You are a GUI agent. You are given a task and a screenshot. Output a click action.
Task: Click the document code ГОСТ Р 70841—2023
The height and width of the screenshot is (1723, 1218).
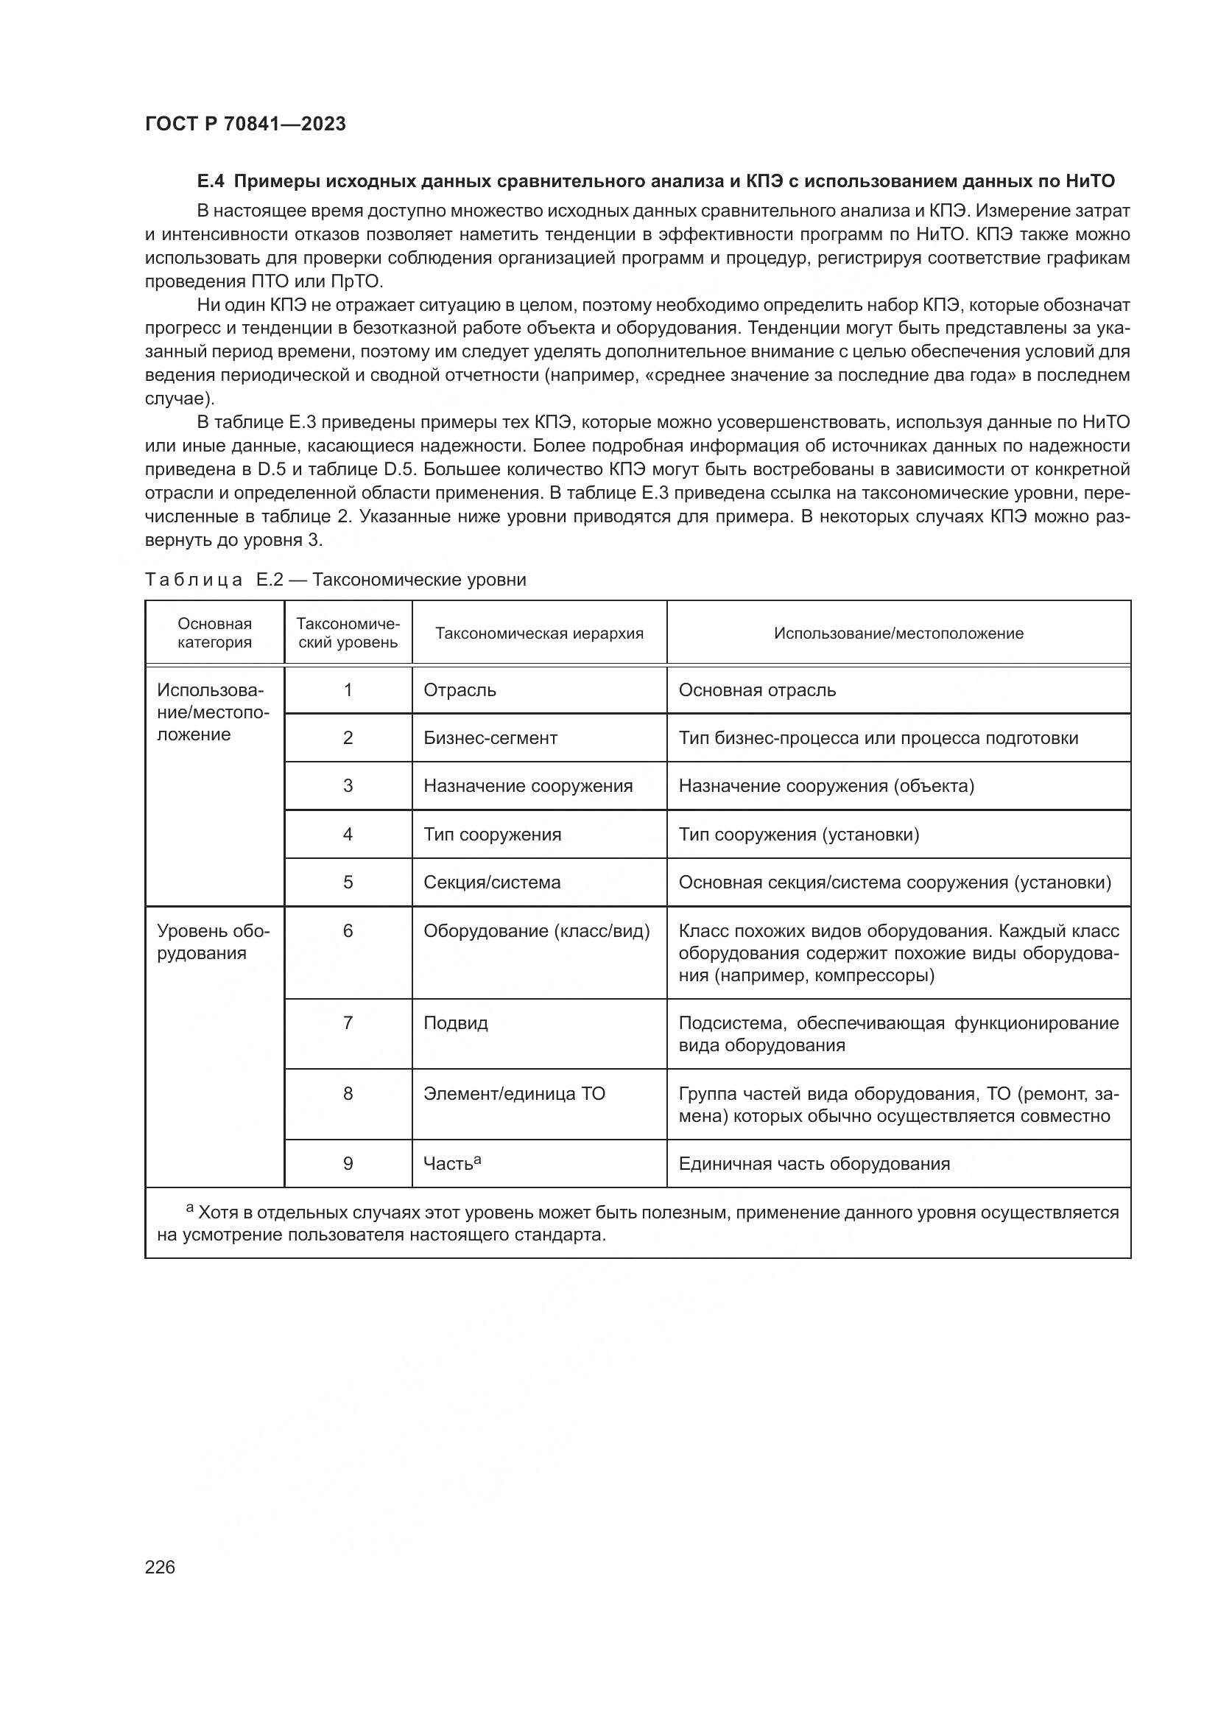point(245,124)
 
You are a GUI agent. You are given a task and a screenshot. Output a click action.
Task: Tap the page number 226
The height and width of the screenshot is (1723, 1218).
point(160,1567)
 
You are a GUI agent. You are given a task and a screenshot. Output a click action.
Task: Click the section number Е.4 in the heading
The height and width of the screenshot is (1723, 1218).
point(211,181)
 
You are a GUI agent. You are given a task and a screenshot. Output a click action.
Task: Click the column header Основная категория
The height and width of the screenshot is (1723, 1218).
point(214,633)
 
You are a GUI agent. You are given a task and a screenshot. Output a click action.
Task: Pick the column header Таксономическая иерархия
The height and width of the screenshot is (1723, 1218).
point(539,633)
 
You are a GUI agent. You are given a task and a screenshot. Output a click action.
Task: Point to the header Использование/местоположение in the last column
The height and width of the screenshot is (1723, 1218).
point(898,633)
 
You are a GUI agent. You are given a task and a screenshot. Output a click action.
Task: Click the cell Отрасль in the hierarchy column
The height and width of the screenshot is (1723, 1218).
point(460,689)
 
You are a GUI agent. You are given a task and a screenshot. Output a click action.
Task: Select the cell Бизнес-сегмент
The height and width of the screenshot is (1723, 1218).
point(490,737)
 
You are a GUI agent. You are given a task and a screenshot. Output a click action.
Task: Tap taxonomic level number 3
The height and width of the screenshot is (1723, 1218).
point(348,786)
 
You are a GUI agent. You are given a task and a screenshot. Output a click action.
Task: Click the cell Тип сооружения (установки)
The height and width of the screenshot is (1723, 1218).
point(799,834)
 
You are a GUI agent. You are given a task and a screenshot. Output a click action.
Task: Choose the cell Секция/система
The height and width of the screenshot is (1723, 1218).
point(492,882)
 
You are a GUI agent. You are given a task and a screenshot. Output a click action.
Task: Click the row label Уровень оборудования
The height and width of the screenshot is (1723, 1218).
point(213,942)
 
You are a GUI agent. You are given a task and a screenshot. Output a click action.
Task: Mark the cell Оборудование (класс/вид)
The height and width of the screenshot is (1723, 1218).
point(536,930)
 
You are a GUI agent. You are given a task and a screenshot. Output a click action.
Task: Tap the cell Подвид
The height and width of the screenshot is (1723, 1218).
point(456,1023)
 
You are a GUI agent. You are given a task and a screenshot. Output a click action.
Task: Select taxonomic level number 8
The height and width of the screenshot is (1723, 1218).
point(348,1093)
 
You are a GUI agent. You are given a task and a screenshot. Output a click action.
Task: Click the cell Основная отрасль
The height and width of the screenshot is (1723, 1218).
point(757,689)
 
